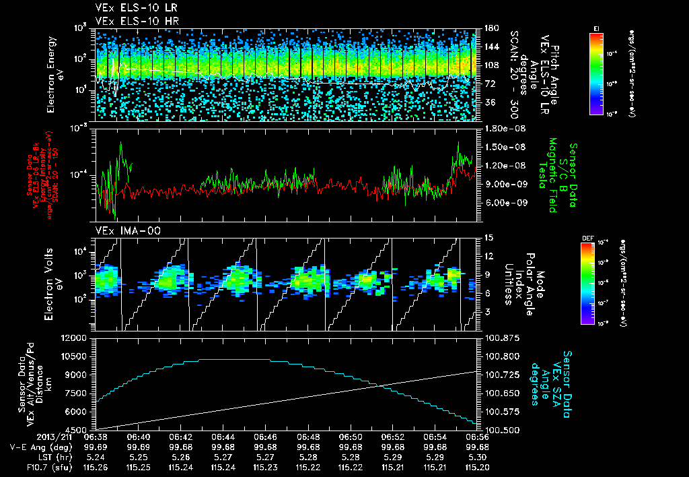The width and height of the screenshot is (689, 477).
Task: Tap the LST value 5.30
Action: point(478,455)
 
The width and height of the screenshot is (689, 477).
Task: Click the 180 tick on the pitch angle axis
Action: point(490,28)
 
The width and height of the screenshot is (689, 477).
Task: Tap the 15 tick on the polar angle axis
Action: point(488,237)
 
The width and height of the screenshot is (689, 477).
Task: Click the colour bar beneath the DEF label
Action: point(595,283)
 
